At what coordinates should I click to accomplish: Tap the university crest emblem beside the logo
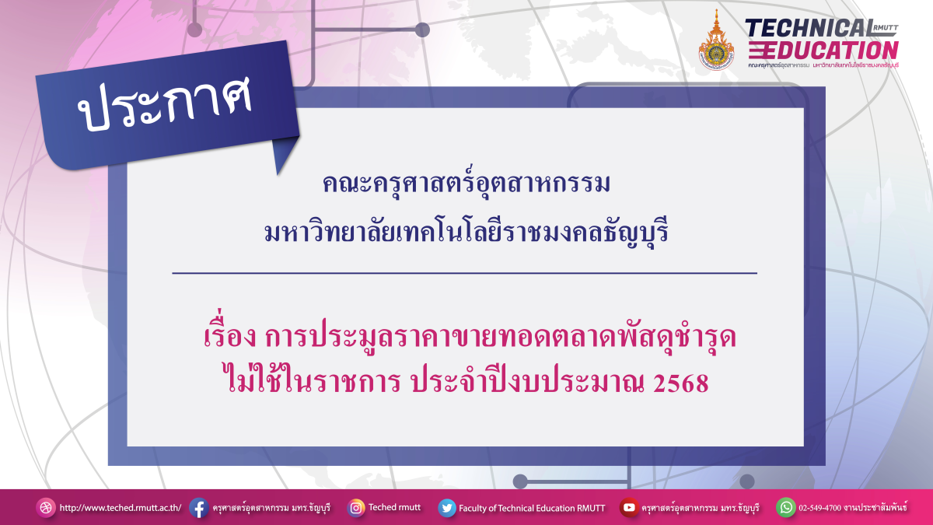(716, 40)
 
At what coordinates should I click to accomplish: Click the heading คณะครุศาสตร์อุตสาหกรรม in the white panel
(466, 186)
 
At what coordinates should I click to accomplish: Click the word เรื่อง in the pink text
(228, 339)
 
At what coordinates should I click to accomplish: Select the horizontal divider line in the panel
(464, 274)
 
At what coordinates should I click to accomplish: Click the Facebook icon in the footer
(198, 508)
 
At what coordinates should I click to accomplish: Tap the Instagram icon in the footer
(356, 508)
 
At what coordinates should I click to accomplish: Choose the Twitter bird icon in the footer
(447, 508)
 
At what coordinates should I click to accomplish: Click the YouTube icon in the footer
(629, 508)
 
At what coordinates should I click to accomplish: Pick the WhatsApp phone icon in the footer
(786, 508)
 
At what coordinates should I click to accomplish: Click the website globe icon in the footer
(47, 508)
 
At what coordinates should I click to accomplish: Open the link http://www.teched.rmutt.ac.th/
(121, 508)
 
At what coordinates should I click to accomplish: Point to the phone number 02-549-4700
(826, 508)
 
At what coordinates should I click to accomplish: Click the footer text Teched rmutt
(394, 507)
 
